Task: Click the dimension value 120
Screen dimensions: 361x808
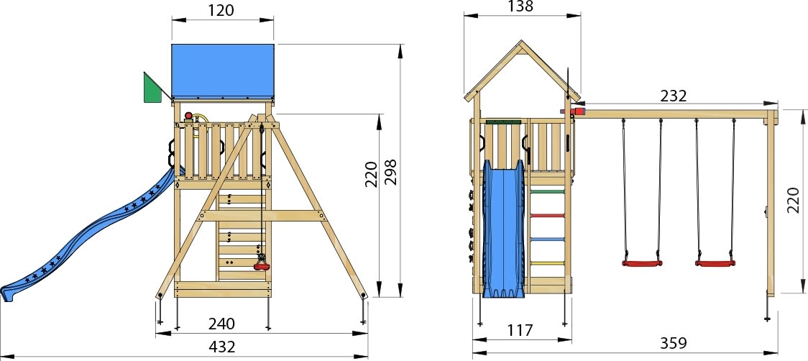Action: (223, 10)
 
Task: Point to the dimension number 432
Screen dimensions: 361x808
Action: (223, 346)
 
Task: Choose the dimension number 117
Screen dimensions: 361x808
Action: (519, 330)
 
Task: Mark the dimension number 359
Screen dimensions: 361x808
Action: (673, 343)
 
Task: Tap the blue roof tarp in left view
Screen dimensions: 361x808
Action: (223, 70)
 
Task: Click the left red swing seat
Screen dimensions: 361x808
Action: (641, 264)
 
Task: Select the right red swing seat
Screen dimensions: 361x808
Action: (715, 264)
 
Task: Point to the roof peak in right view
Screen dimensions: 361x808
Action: (521, 43)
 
